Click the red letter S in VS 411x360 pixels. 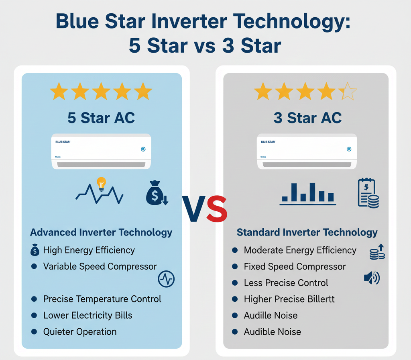click(x=217, y=209)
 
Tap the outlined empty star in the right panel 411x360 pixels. click(x=348, y=92)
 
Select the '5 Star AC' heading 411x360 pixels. click(x=101, y=118)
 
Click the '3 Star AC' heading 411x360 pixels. click(x=307, y=118)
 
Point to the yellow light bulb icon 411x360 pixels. click(x=101, y=184)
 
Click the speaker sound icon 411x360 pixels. click(x=371, y=278)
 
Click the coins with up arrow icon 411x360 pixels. click(x=377, y=252)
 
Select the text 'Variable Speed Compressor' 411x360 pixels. click(x=100, y=266)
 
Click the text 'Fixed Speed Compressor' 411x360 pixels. click(x=295, y=266)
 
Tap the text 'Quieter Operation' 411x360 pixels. click(x=80, y=332)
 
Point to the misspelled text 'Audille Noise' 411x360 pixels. click(x=271, y=315)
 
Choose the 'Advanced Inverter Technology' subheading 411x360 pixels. click(x=101, y=232)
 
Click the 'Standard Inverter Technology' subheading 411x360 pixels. click(x=307, y=232)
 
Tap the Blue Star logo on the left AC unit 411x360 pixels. click(x=61, y=142)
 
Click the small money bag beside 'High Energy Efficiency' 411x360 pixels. click(x=35, y=250)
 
